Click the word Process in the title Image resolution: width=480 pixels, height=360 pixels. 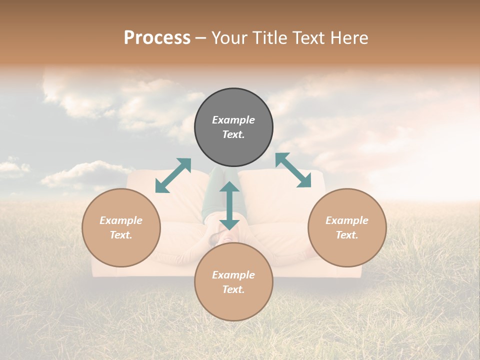[x=157, y=38]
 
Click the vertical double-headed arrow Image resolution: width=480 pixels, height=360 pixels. [x=229, y=206]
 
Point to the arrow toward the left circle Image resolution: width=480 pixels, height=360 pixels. [x=173, y=175]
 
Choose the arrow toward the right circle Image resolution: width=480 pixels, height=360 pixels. [x=293, y=170]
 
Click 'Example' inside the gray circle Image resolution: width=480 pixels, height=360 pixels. [x=233, y=120]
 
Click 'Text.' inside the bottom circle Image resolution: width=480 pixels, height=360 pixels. [x=233, y=289]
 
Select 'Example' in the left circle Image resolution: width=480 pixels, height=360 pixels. [x=121, y=220]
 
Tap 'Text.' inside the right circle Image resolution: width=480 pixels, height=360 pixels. [x=347, y=235]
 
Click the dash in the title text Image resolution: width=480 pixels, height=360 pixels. [x=201, y=38]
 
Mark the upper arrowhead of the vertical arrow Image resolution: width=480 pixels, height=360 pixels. [x=229, y=187]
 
